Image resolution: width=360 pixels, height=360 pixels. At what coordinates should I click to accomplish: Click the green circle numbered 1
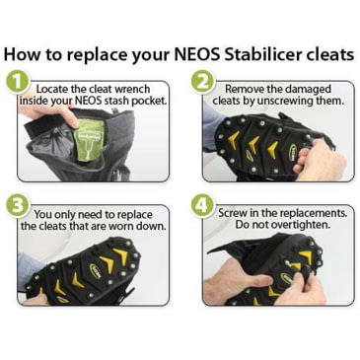(18, 84)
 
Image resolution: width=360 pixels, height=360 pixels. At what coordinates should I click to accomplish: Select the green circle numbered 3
(18, 207)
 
